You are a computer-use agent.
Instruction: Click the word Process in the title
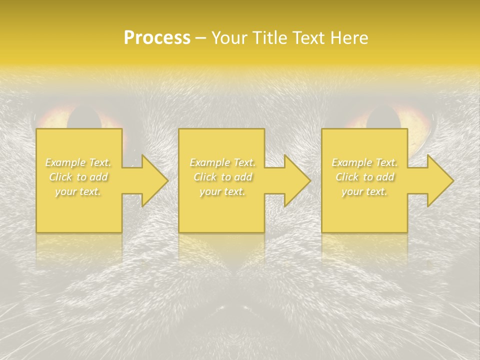[x=157, y=38]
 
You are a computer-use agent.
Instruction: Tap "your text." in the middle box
[x=222, y=191]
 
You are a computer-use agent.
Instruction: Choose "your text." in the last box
[x=364, y=191]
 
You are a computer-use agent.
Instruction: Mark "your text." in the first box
[x=77, y=191]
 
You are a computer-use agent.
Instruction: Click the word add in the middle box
[x=243, y=177]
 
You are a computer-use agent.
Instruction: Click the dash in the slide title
[x=200, y=38]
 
